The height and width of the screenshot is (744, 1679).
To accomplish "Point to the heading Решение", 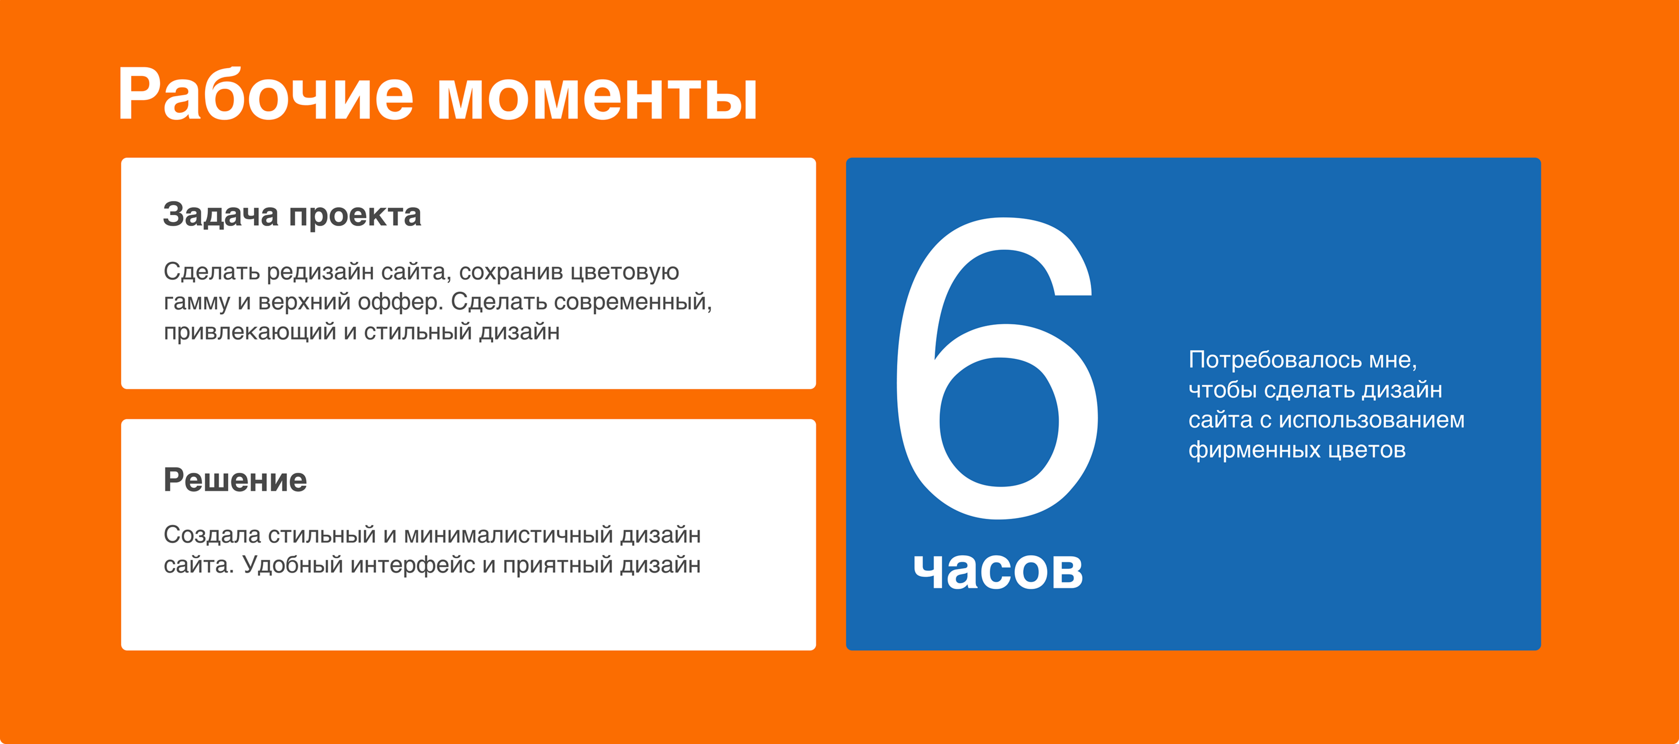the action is coord(235,480).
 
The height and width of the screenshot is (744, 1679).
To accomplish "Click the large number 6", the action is coord(998,368).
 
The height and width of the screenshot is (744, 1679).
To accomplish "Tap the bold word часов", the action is coord(998,570).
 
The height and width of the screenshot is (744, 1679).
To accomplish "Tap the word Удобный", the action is coord(293,565).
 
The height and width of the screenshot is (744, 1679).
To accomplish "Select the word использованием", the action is coord(1372,420).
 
